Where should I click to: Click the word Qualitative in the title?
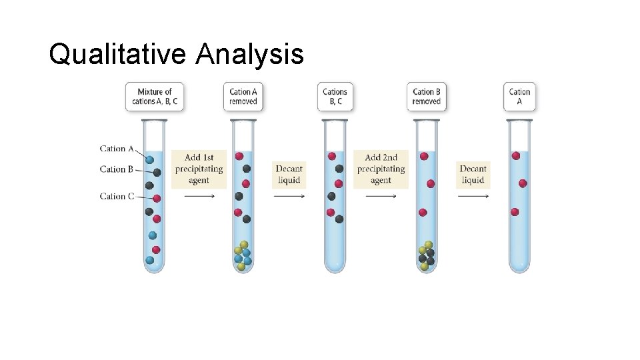tap(119, 54)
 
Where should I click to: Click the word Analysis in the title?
tap(250, 54)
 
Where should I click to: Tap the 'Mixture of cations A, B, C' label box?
tap(154, 97)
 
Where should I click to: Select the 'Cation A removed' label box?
tap(243, 97)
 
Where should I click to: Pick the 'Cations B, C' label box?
tap(335, 97)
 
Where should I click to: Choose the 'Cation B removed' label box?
tap(427, 97)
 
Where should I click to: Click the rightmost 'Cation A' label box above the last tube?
tap(519, 97)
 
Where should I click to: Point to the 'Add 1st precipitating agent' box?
tap(199, 169)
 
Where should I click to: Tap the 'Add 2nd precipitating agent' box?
tap(381, 169)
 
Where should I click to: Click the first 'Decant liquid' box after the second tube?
tap(289, 174)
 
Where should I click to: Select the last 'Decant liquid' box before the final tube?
tap(473, 174)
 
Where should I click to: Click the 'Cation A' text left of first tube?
tap(117, 149)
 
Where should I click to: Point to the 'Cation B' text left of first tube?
tap(117, 169)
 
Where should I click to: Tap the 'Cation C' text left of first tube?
tap(117, 196)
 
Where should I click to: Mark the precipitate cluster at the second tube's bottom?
tap(243, 255)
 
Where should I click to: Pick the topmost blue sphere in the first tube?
tap(150, 160)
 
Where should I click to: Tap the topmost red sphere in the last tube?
tap(515, 155)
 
